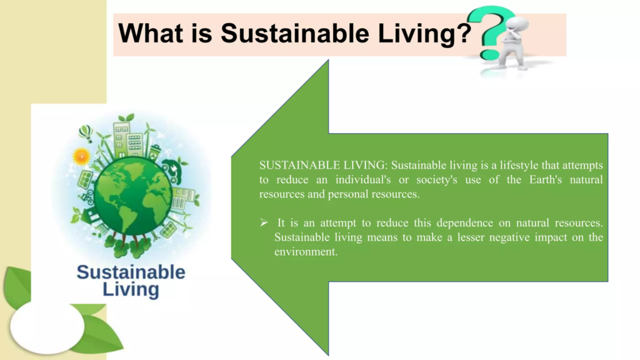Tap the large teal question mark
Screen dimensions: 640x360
point(491,32)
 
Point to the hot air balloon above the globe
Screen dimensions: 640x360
point(85,133)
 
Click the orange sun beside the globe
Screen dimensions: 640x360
point(81,156)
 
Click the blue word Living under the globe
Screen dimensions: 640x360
point(131,289)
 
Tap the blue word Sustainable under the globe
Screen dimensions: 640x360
point(131,272)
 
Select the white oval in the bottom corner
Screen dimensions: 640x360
point(47,326)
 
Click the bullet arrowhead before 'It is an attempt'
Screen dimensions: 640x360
point(264,222)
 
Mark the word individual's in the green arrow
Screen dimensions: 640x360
point(362,179)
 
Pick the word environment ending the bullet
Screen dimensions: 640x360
point(304,251)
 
